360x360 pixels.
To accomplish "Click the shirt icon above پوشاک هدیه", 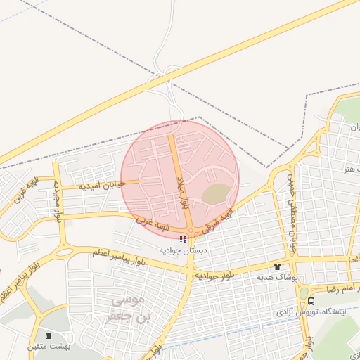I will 277,266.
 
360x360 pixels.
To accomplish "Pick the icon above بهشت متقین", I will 49,335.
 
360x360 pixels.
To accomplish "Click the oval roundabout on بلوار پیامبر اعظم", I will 63,252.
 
